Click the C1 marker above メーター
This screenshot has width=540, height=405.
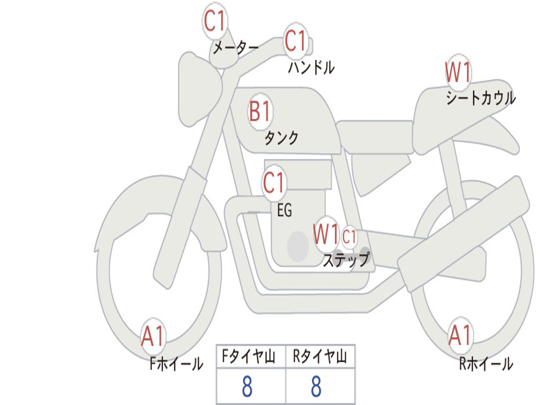pos(215,22)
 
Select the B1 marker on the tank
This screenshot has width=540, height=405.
pos(260,112)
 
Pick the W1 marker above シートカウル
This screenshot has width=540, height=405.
pos(458,73)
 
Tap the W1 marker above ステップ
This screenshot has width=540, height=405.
pos(325,234)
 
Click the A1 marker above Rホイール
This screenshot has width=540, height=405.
pos(460,335)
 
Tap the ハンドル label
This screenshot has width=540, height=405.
pos(311,67)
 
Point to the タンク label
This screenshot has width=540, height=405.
pos(281,138)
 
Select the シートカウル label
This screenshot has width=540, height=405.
pos(480,99)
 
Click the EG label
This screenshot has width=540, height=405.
pos(284,210)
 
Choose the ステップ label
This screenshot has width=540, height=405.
pos(345,259)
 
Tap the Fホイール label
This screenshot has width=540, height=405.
pos(176,364)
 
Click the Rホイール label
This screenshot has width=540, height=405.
pos(486,364)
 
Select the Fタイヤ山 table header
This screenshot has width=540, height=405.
pos(250,357)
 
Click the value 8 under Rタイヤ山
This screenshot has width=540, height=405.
pos(316,387)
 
